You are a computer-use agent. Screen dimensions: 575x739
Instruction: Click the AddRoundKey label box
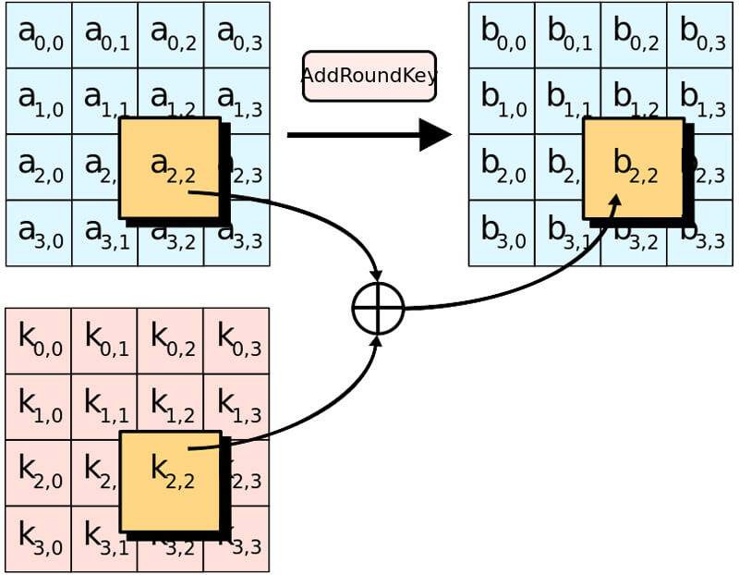click(369, 76)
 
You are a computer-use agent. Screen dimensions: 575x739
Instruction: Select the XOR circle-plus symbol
click(379, 309)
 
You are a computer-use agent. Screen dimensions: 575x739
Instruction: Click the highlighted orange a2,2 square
click(170, 167)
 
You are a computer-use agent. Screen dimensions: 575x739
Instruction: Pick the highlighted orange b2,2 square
click(634, 167)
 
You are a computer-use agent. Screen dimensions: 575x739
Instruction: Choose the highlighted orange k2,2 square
click(171, 481)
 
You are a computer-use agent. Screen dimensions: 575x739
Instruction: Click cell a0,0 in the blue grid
click(39, 35)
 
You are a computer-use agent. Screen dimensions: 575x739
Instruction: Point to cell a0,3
click(237, 35)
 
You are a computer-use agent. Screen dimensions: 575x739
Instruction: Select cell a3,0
click(39, 233)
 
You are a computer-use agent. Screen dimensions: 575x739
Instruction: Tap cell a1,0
click(39, 101)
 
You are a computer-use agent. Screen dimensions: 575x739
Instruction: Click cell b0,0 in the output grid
click(502, 35)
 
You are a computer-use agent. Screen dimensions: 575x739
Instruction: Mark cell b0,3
click(700, 35)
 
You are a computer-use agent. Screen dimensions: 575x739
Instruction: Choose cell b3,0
click(502, 233)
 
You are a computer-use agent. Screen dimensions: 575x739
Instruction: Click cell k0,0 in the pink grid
click(39, 341)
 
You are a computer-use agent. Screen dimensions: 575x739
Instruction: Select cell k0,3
click(237, 341)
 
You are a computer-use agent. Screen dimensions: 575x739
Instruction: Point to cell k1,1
click(104, 407)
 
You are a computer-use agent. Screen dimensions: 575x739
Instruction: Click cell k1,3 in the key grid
click(237, 407)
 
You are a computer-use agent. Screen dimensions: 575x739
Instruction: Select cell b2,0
click(502, 167)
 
